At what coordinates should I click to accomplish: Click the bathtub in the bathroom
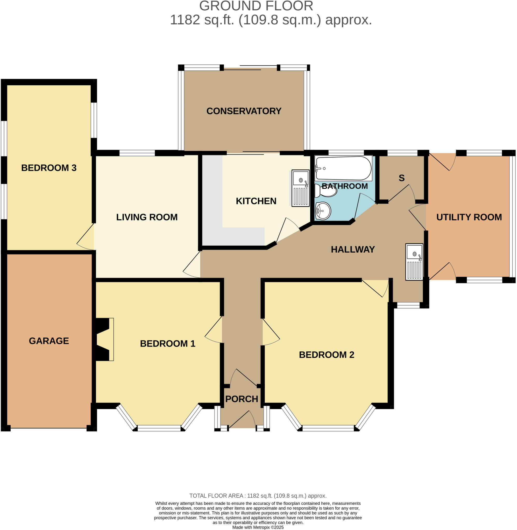(x=343, y=168)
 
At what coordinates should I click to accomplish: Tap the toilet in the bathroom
(x=326, y=190)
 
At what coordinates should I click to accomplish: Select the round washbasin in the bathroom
(x=323, y=211)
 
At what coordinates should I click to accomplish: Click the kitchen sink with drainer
(x=300, y=188)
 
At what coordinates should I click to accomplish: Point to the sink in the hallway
(x=414, y=262)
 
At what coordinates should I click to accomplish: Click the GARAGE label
(x=49, y=341)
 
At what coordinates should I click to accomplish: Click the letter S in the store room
(x=401, y=178)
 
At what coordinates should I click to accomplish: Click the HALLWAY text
(x=352, y=249)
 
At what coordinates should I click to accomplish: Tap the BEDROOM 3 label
(x=49, y=167)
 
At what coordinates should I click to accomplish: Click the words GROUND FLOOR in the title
(x=256, y=6)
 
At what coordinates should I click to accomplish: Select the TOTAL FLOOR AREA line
(x=258, y=496)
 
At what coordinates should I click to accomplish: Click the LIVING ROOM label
(x=147, y=217)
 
